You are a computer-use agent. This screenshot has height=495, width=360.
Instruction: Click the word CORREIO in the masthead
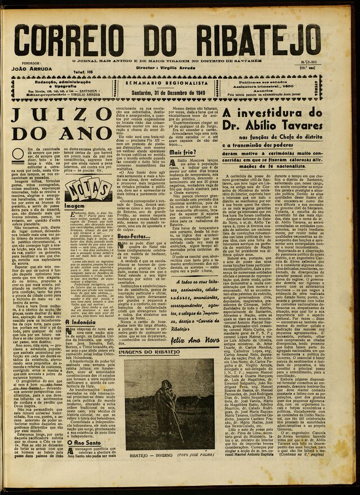coord(73,40)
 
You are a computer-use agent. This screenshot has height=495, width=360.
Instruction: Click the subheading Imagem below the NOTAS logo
coord(75,206)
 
